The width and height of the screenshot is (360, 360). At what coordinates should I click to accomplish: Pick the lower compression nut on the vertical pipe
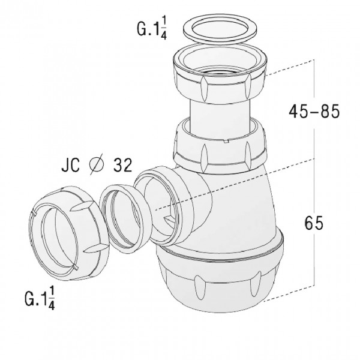point(220,147)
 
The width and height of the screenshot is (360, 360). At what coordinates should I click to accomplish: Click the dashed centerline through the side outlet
point(240,180)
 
